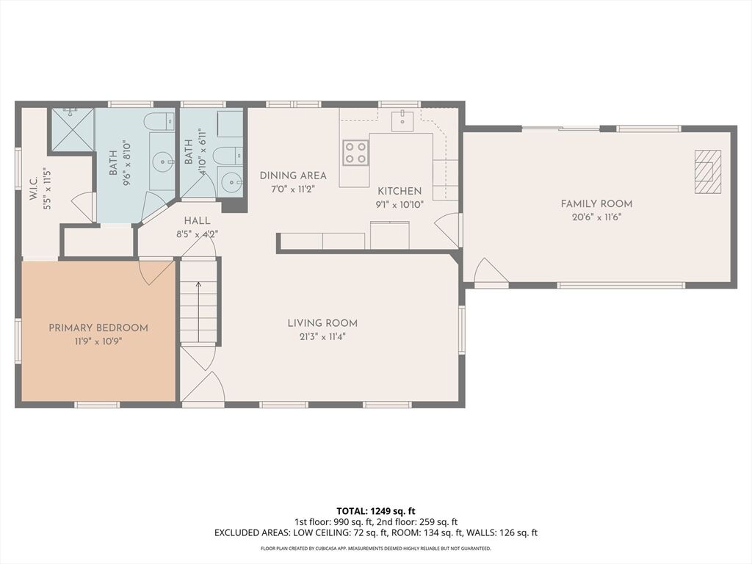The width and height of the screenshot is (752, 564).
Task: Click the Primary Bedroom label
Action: pos(98,328)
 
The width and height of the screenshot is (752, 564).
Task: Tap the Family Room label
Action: pos(596,204)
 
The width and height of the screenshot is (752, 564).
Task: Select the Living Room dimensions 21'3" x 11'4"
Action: pos(322,336)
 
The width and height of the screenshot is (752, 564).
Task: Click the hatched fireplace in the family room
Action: pos(708,172)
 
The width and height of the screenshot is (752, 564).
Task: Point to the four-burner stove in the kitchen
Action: pos(355,153)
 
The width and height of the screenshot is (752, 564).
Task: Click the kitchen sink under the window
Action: pos(402,120)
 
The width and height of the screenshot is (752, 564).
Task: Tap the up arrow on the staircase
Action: pos(198,311)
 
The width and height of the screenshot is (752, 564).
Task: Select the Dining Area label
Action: pos(293,176)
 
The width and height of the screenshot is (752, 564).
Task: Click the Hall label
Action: pos(197,220)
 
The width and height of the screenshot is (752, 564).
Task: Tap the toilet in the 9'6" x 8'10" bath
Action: pos(159,121)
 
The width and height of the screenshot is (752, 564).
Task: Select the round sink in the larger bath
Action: pos(163,162)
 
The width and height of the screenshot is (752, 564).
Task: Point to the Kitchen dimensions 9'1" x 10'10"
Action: pos(399,205)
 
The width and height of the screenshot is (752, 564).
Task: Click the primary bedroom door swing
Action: pos(156,272)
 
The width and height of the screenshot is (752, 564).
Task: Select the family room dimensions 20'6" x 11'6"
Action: pos(596,217)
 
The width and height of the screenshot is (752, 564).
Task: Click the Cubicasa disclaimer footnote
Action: pos(375,548)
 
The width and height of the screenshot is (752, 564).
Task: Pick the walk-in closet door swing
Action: pos(82,206)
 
